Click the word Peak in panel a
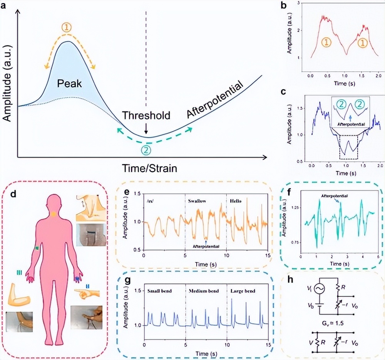click(x=70, y=83)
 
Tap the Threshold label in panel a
click(x=146, y=115)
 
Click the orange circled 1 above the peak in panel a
click(x=68, y=28)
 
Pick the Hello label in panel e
click(x=236, y=201)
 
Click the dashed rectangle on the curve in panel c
click(x=348, y=146)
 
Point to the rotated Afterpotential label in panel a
click(x=215, y=100)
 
